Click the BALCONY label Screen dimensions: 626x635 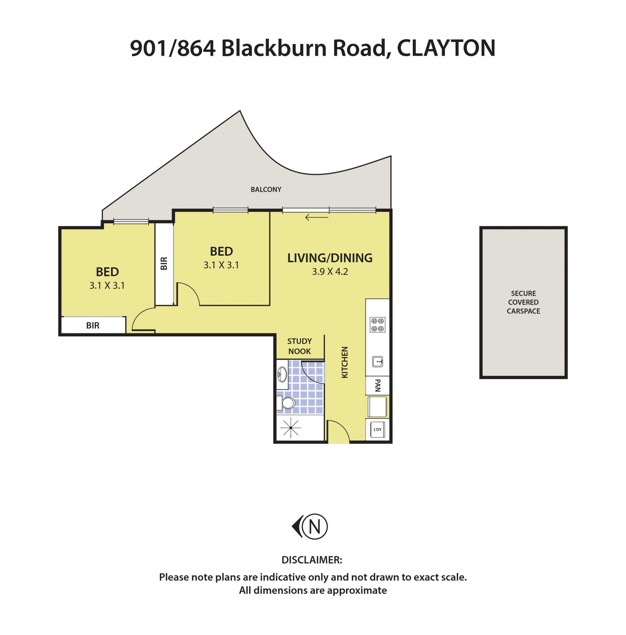point(266,189)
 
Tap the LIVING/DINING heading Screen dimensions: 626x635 point(330,258)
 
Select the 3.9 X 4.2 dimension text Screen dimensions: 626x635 point(330,272)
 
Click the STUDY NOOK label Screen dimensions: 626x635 point(299,346)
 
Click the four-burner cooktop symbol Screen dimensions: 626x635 point(378,325)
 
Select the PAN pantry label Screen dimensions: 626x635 point(378,385)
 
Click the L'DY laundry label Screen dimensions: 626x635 point(378,429)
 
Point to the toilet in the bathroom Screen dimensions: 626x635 point(286,403)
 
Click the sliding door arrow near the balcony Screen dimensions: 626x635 point(317,217)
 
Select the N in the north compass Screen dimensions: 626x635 point(315,527)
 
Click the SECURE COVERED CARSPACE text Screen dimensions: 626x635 point(523,302)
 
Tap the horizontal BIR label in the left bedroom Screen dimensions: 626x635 point(93,325)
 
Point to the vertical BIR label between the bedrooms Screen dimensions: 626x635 point(164,263)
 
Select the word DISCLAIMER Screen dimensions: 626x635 point(312,560)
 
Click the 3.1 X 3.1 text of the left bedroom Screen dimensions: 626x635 point(107,286)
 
